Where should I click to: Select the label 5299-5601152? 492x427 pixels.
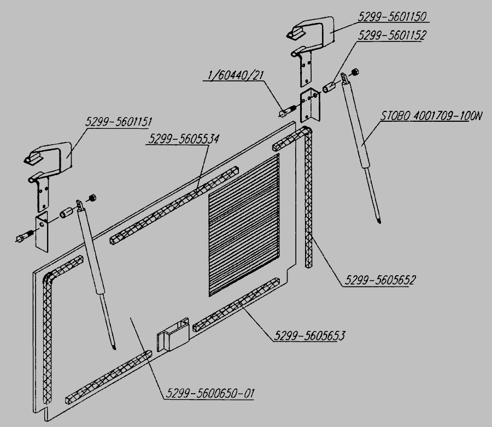coord(391,34)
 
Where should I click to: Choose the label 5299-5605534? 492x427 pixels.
coord(183,139)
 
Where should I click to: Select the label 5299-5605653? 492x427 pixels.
coord(310,335)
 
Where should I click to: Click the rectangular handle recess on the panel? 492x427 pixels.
coord(172,333)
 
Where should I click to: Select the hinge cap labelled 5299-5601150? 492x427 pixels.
coord(312,32)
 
